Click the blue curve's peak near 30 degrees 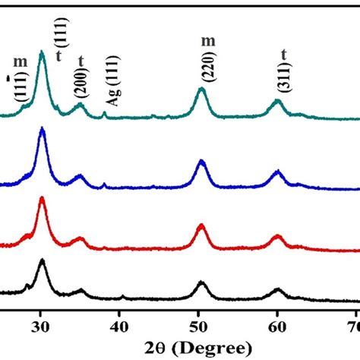(42, 130)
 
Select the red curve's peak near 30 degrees (42, 199)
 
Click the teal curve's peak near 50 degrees (201, 90)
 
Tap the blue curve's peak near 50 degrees (201, 161)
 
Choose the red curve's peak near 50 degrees (201, 226)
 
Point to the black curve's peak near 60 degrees (278, 289)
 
